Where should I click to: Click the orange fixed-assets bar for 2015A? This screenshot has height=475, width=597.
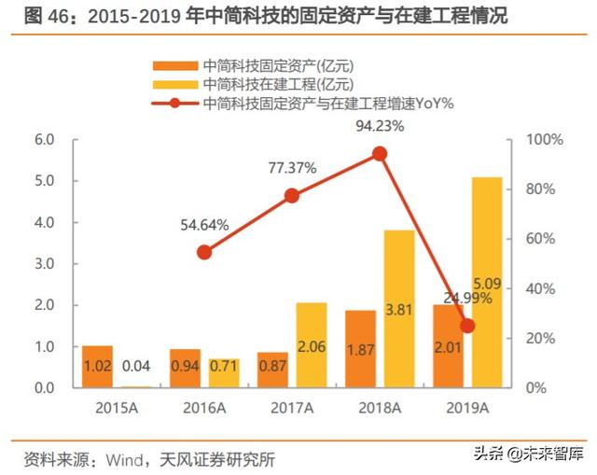(x=97, y=366)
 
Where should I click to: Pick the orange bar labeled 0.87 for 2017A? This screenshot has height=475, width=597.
(x=273, y=370)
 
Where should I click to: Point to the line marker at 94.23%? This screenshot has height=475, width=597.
(x=379, y=154)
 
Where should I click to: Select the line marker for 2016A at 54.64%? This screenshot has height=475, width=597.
(x=205, y=252)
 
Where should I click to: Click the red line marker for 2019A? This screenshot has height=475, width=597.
(x=467, y=326)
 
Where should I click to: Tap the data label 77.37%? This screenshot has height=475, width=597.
(x=292, y=169)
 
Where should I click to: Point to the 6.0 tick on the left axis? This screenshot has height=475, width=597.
(x=44, y=140)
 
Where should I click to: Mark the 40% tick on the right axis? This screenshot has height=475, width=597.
(x=538, y=288)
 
